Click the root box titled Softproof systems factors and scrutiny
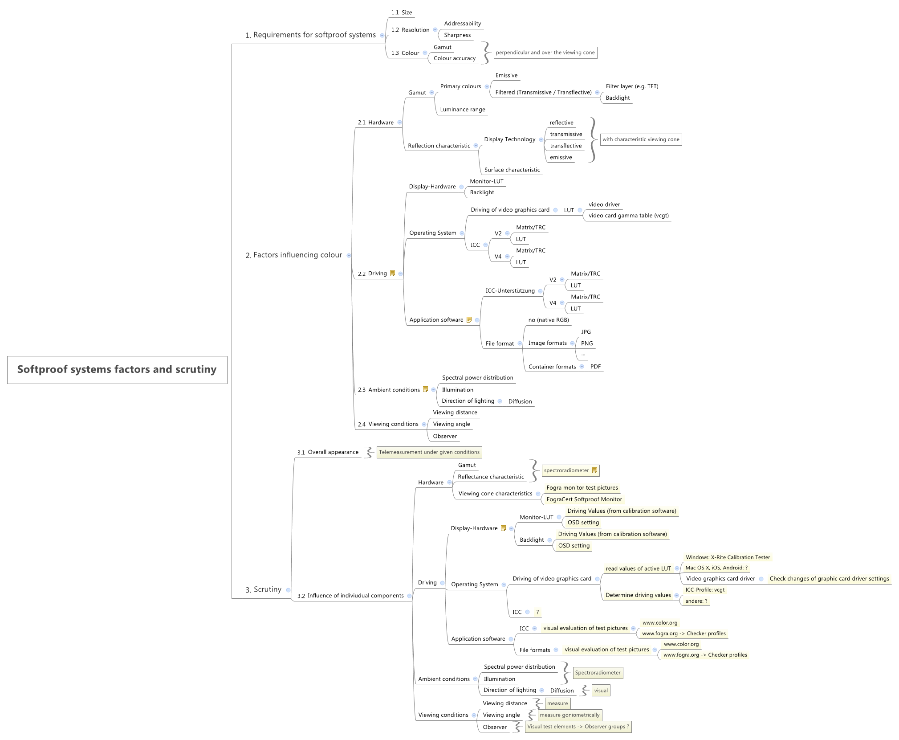[x=117, y=369]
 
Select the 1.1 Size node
[x=402, y=12]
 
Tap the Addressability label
[x=462, y=24]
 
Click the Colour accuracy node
[x=455, y=58]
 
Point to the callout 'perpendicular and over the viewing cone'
[x=545, y=53]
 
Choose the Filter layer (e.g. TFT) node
[x=632, y=86]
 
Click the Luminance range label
[x=463, y=110]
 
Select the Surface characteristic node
[x=512, y=170]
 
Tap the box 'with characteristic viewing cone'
[x=641, y=139]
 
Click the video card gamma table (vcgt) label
[x=628, y=216]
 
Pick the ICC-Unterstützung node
[x=510, y=291]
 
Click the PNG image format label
[x=587, y=343]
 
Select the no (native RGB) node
[x=549, y=320]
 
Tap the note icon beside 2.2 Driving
[x=392, y=274]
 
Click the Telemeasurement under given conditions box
[x=429, y=452]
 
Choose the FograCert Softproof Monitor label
[x=584, y=499]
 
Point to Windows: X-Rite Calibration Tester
[x=728, y=557]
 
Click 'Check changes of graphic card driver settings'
[x=829, y=579]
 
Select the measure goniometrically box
[x=570, y=715]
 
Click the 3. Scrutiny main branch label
[x=263, y=589]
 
